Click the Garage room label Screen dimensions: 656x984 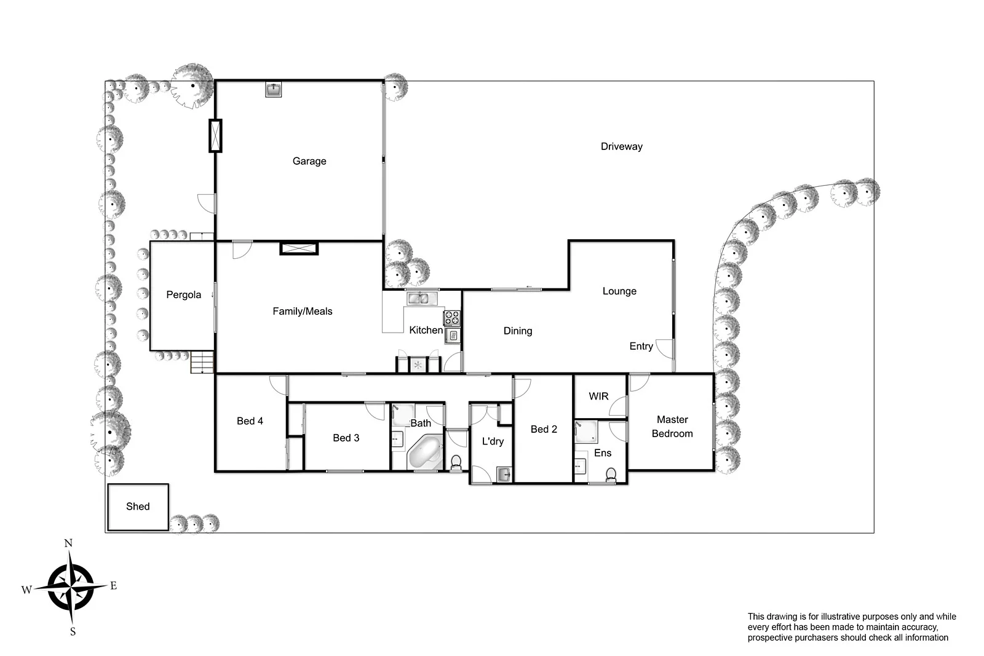(x=309, y=161)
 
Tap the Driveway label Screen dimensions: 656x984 (x=621, y=146)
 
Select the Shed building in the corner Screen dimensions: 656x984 (x=138, y=507)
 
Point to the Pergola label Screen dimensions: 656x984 (x=183, y=295)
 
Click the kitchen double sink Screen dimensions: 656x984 (x=421, y=299)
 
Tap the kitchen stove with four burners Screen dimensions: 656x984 (x=452, y=318)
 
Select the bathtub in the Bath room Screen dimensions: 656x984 (x=425, y=453)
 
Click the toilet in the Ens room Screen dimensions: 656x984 (x=611, y=474)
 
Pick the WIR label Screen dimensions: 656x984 (x=598, y=397)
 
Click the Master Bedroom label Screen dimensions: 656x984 (x=672, y=427)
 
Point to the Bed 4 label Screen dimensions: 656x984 (x=250, y=421)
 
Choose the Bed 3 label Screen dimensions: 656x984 (x=346, y=438)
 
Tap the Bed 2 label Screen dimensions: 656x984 (x=544, y=429)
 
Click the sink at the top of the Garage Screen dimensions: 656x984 (x=273, y=90)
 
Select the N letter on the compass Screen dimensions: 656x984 (x=68, y=543)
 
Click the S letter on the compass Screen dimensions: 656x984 (x=73, y=631)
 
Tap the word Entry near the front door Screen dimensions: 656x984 (x=641, y=347)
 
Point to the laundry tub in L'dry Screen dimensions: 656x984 (x=504, y=474)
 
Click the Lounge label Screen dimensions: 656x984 (x=619, y=291)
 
